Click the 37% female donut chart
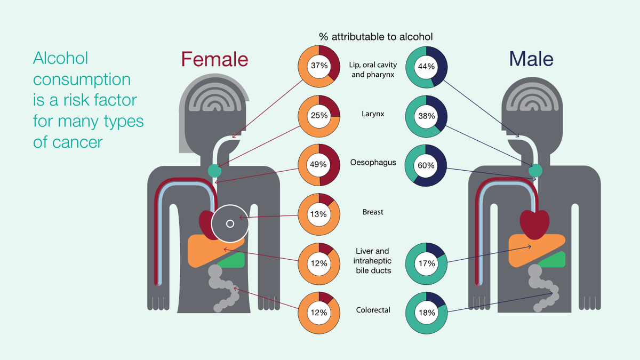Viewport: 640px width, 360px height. coord(319,66)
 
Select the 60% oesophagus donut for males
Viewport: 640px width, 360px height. coord(427,166)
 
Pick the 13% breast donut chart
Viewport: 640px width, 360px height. coord(319,214)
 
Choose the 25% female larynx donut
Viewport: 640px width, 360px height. coord(319,116)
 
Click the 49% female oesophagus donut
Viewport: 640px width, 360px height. coord(319,165)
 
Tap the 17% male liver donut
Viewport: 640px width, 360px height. coord(427,263)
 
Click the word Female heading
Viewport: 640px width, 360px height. coord(214,59)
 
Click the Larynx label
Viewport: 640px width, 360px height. coord(373,114)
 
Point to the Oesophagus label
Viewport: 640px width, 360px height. coord(373,162)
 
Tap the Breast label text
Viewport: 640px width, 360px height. coord(373,212)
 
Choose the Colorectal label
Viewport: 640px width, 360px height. coord(373,310)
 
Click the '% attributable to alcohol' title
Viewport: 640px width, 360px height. coord(375,37)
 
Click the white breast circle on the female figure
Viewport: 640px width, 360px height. coord(230,223)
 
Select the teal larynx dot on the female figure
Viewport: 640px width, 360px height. coord(214,171)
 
